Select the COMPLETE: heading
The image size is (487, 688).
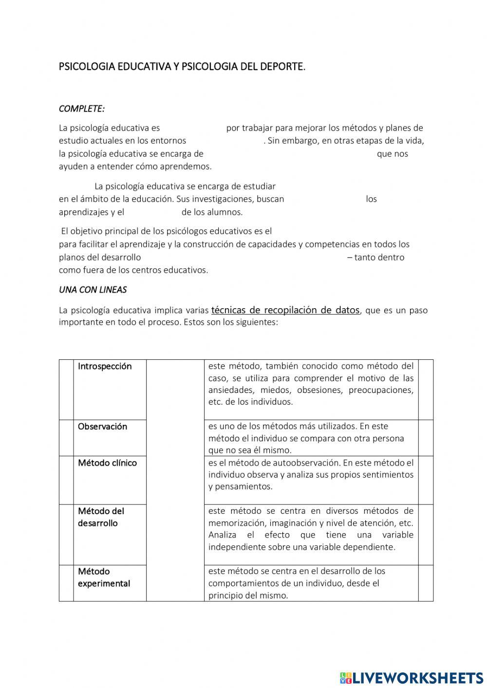[81, 109]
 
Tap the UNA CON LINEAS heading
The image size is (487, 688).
[93, 290]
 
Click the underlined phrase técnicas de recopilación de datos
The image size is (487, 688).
[285, 310]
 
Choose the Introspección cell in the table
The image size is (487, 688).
[105, 367]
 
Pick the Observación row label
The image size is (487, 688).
[102, 427]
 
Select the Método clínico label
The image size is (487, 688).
[107, 463]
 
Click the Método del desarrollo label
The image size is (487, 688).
[101, 517]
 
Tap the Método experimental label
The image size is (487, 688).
[104, 577]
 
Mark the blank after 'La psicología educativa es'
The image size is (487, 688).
[193, 128]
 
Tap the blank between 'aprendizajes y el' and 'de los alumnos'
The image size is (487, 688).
[153, 212]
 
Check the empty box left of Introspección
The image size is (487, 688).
[66, 390]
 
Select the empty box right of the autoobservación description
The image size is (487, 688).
[426, 480]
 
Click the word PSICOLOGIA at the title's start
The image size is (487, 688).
[87, 67]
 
